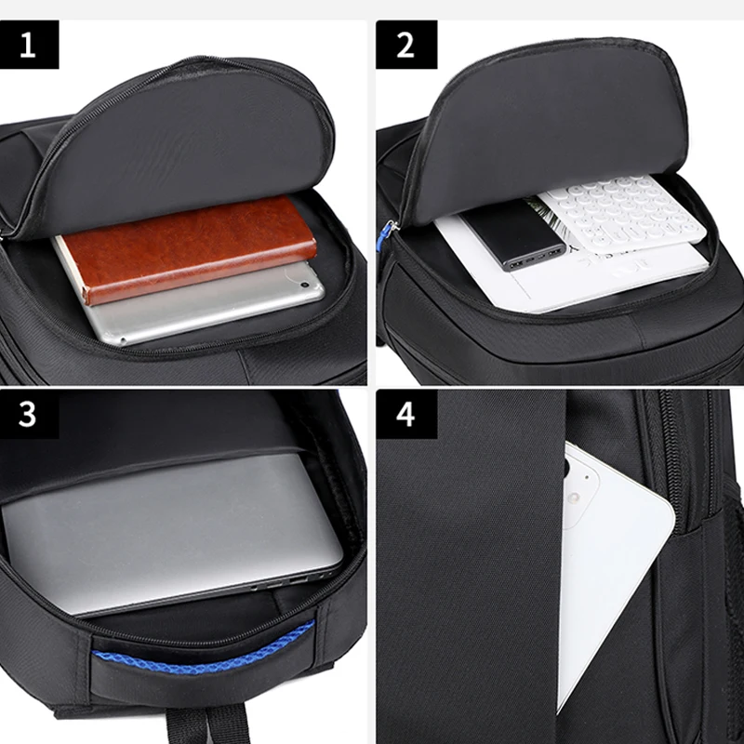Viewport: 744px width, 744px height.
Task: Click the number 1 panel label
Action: [x=29, y=45]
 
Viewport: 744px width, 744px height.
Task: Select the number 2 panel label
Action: [x=405, y=45]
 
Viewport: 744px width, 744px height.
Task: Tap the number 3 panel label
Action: [x=29, y=414]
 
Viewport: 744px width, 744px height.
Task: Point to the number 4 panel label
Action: [x=405, y=414]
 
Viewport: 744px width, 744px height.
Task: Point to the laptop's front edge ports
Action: [x=279, y=581]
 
